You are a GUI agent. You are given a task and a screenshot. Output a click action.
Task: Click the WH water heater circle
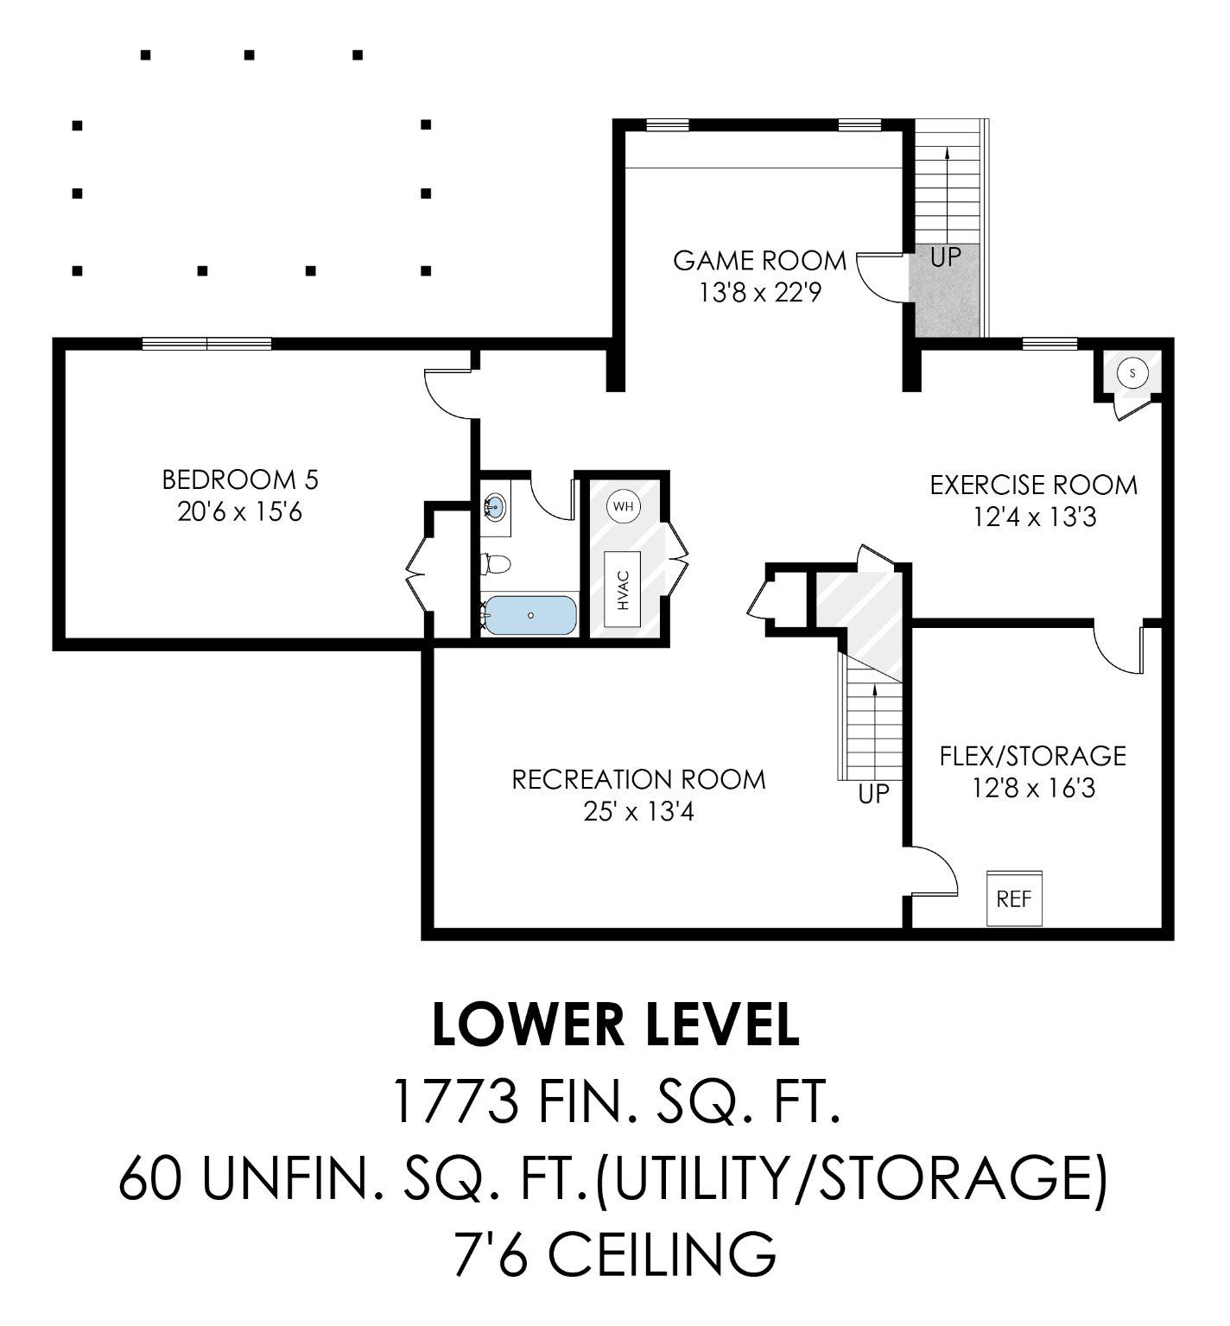(x=623, y=506)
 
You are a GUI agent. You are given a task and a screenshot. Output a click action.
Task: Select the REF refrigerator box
(x=1014, y=899)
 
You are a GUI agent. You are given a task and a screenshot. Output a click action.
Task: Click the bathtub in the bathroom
(x=529, y=615)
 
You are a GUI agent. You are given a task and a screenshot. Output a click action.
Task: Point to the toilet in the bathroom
(x=496, y=564)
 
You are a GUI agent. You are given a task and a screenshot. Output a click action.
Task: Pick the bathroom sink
(x=495, y=506)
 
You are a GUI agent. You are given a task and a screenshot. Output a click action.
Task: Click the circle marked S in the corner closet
(x=1132, y=373)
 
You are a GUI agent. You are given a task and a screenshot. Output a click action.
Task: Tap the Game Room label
(x=759, y=260)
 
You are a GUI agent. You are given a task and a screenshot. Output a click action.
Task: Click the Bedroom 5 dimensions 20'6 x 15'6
(x=239, y=512)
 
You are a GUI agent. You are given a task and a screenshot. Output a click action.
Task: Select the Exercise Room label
(x=1033, y=485)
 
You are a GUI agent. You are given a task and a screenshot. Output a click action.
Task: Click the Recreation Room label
(x=638, y=779)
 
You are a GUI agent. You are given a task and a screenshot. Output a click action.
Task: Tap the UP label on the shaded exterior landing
(x=945, y=257)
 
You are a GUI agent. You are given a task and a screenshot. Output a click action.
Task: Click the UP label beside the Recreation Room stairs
(x=873, y=794)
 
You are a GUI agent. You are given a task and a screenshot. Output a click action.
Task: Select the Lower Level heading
(x=615, y=1025)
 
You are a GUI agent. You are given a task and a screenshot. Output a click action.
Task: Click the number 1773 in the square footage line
(x=454, y=1101)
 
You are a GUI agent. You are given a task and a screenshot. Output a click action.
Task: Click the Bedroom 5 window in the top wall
(x=207, y=344)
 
